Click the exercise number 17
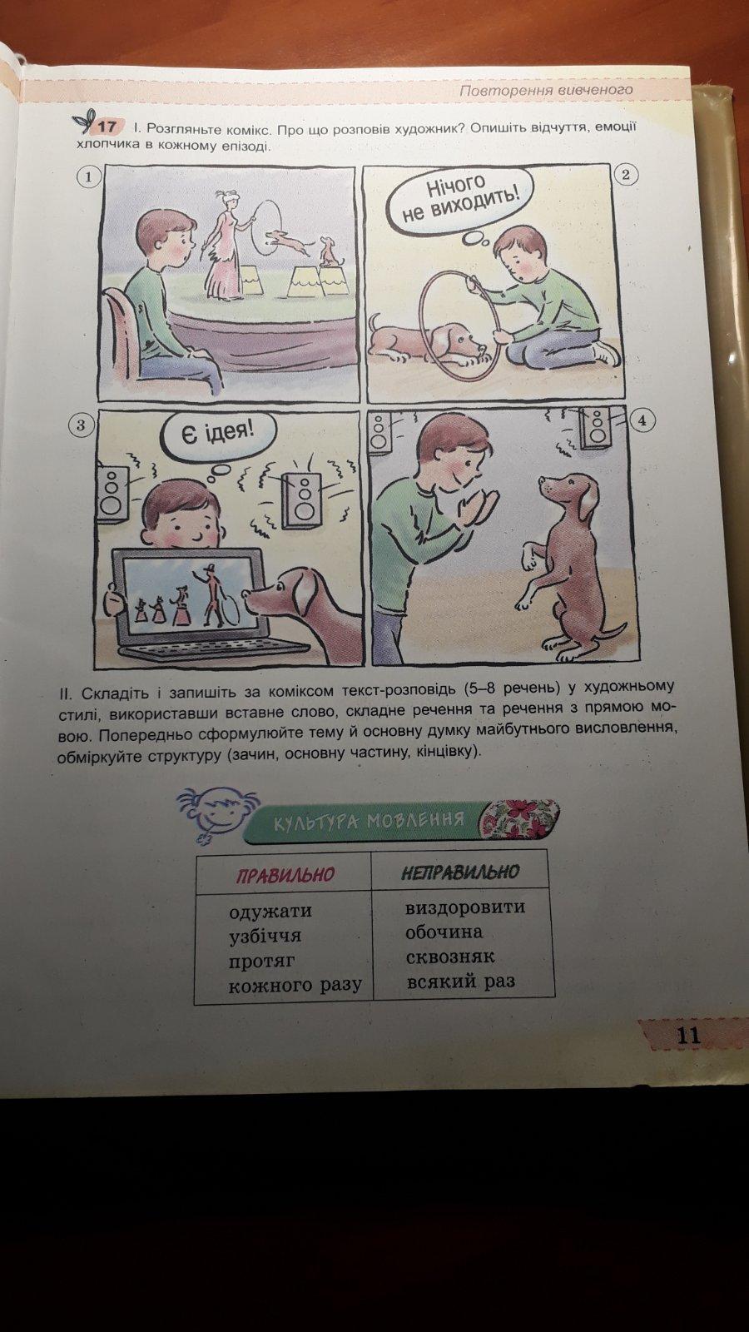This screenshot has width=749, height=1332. (x=107, y=127)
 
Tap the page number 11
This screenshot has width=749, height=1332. (x=688, y=1036)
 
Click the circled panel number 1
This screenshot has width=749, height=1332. (x=88, y=176)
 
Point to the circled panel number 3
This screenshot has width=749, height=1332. (x=81, y=425)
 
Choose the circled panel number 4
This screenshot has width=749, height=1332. (x=642, y=420)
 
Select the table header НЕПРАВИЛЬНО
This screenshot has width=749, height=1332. (x=461, y=872)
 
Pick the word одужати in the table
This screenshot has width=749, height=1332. (x=270, y=911)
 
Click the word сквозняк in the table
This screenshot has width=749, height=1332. (x=450, y=957)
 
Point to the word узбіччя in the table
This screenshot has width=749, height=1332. (x=265, y=936)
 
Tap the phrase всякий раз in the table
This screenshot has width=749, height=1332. (x=461, y=982)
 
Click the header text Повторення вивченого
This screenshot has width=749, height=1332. (x=546, y=91)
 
